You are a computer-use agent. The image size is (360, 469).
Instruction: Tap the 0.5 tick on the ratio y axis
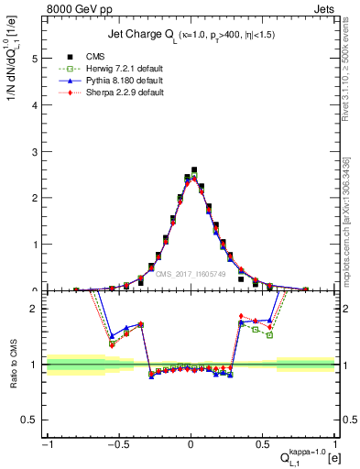(32, 420)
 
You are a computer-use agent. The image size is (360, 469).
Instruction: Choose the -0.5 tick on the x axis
(118, 448)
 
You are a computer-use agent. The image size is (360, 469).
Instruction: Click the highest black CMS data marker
(194, 170)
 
